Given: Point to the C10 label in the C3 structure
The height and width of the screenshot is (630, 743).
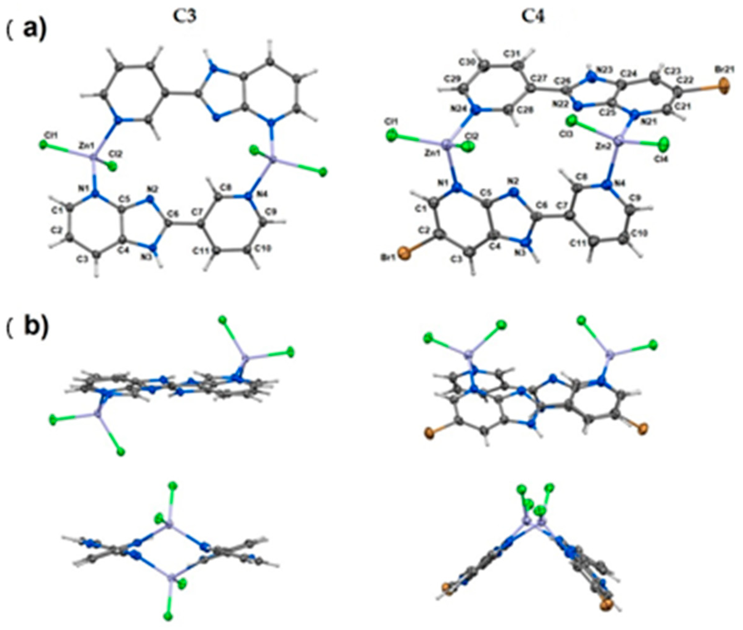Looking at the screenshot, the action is [262, 249].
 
